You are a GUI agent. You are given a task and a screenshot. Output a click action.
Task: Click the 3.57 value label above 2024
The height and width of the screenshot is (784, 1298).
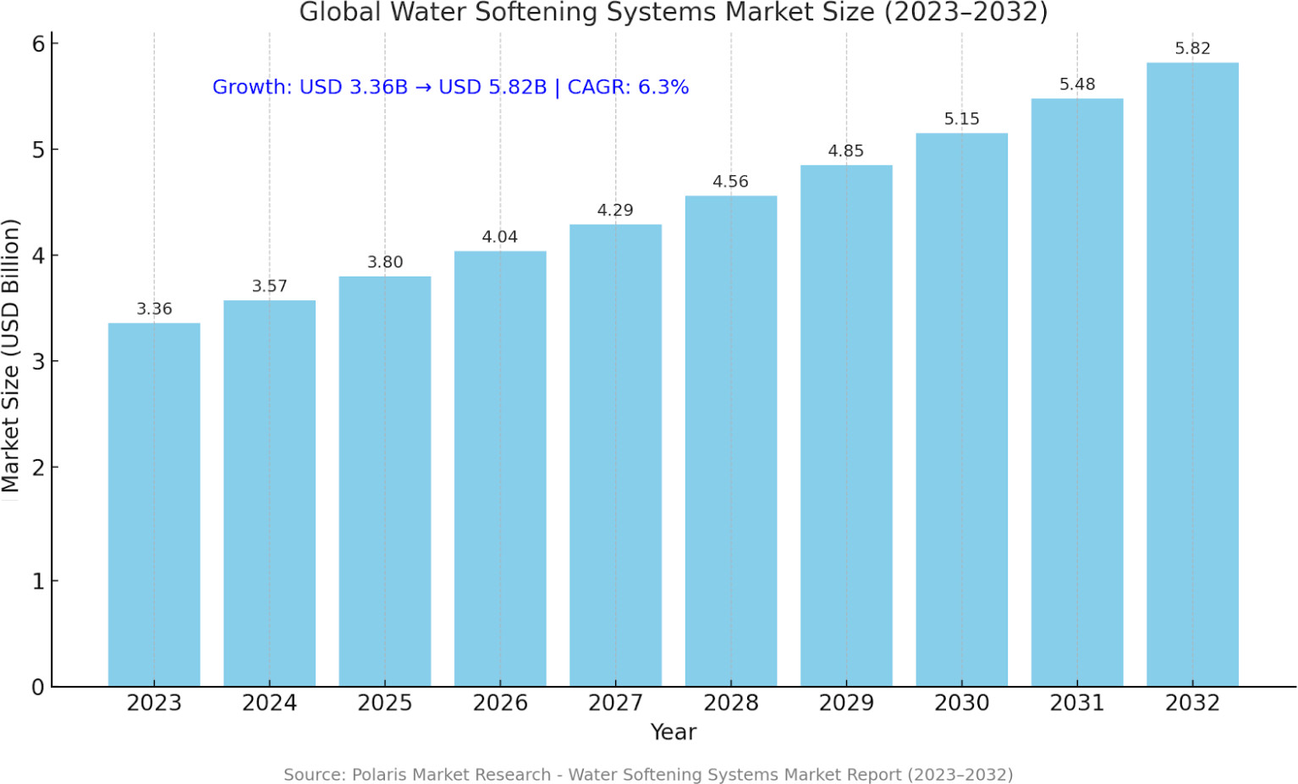point(269,287)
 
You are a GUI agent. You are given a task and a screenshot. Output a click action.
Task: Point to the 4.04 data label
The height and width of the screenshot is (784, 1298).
point(499,238)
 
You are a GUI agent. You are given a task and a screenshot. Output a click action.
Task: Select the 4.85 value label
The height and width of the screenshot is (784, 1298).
point(845,151)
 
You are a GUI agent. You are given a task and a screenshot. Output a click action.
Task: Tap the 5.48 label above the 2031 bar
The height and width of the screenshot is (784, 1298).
point(1077,85)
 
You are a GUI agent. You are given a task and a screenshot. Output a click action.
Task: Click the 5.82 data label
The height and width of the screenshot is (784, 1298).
point(1192,49)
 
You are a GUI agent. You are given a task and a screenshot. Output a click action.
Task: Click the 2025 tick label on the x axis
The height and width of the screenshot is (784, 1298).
point(384,704)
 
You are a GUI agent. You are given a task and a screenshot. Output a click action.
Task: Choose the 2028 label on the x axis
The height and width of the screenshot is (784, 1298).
point(730,704)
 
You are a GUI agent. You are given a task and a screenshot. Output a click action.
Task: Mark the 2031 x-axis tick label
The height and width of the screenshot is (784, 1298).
point(1077,704)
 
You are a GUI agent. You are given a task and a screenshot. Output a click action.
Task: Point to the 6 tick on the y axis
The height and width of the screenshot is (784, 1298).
point(38,44)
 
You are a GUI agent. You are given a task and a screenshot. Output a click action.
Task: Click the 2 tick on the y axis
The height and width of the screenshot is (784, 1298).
point(38,468)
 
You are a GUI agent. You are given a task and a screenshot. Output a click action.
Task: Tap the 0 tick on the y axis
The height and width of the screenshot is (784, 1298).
point(38,688)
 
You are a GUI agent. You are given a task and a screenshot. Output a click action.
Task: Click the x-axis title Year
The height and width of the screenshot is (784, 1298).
point(673,732)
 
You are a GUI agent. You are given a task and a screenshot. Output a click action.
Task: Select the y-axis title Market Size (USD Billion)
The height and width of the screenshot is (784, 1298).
point(11,355)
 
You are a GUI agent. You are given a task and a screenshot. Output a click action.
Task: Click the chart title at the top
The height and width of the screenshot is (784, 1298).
point(673,13)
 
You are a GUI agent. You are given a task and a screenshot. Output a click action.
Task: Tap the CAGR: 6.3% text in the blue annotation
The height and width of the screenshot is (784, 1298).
point(628,87)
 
